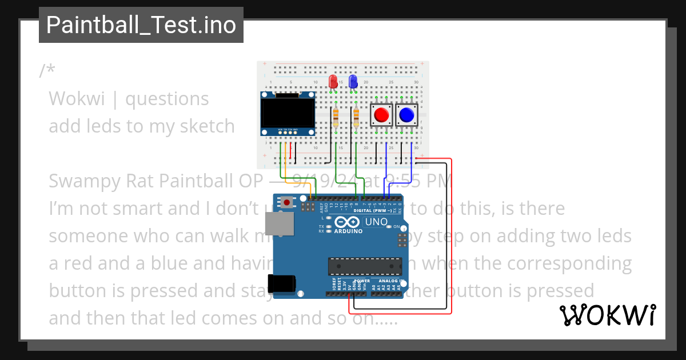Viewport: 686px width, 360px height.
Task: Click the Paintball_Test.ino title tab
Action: coord(141,25)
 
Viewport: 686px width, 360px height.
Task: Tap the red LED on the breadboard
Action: coord(333,82)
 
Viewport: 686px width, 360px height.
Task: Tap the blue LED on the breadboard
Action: coord(353,82)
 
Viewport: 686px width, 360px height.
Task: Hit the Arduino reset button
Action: coord(286,202)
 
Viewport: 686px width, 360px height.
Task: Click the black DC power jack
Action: coord(284,284)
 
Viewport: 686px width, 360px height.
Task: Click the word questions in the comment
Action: coord(167,99)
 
